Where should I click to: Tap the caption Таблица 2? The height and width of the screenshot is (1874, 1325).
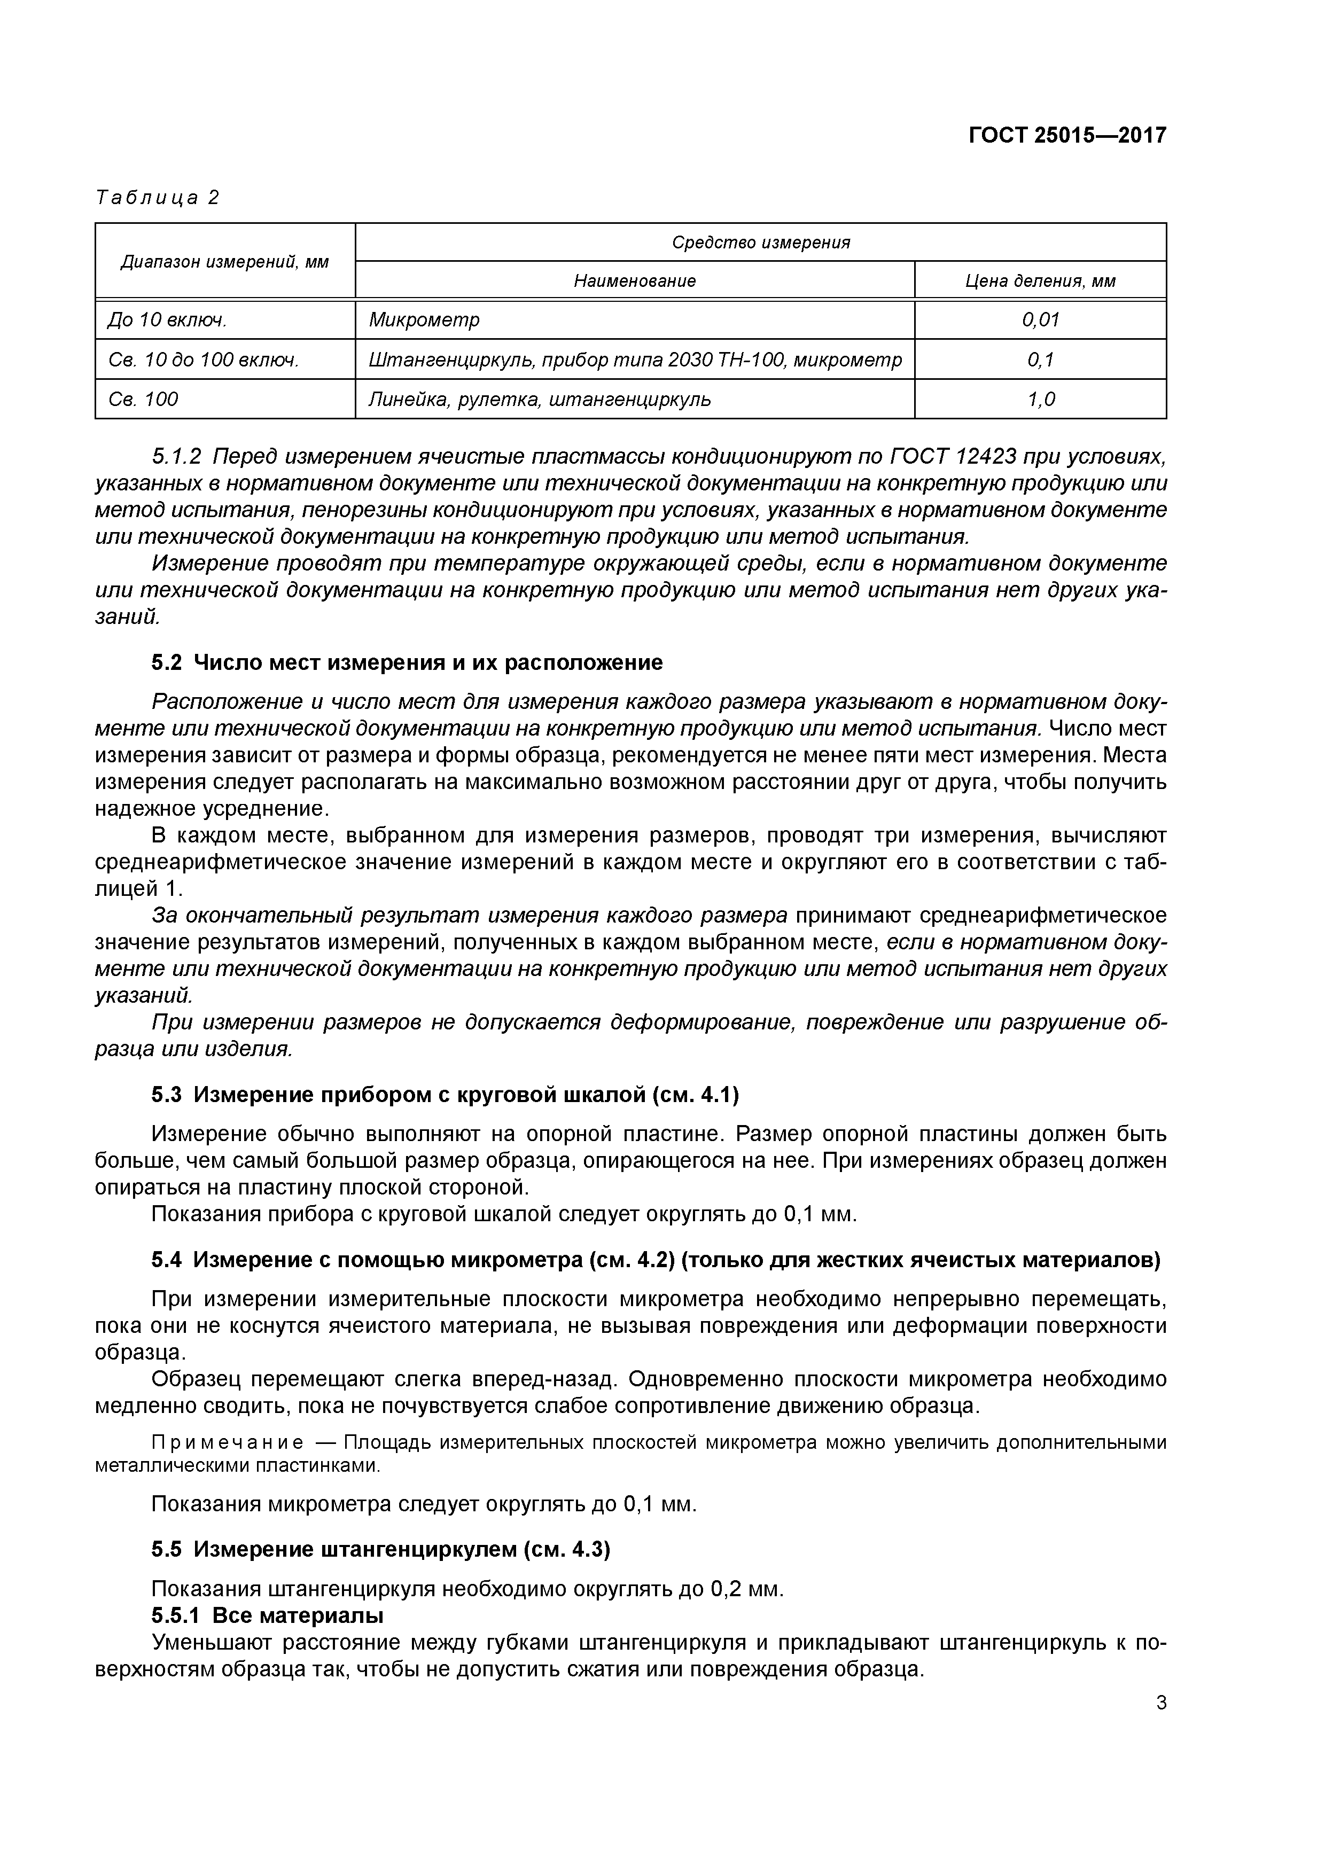tap(158, 198)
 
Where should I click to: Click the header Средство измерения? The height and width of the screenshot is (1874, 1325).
tap(760, 243)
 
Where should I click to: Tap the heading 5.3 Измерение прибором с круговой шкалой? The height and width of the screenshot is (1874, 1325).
tap(445, 1095)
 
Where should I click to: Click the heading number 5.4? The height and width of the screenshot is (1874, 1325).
tap(166, 1260)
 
